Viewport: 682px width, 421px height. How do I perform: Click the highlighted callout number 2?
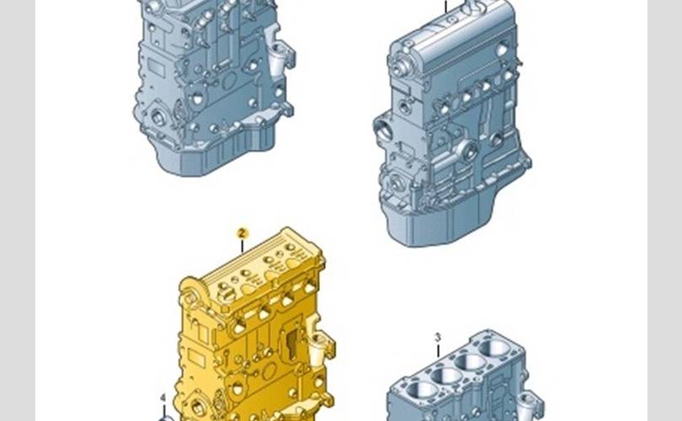[x=242, y=233]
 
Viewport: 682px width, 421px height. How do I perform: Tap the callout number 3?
[x=438, y=338]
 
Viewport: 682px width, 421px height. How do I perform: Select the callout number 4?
[x=163, y=398]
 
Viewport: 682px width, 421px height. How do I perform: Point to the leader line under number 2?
[x=242, y=247]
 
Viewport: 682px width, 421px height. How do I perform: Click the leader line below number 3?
[x=438, y=351]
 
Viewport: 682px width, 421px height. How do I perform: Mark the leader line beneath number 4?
[x=164, y=411]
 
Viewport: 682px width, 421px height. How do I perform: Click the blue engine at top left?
[x=214, y=87]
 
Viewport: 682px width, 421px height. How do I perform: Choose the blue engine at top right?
[x=452, y=124]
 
